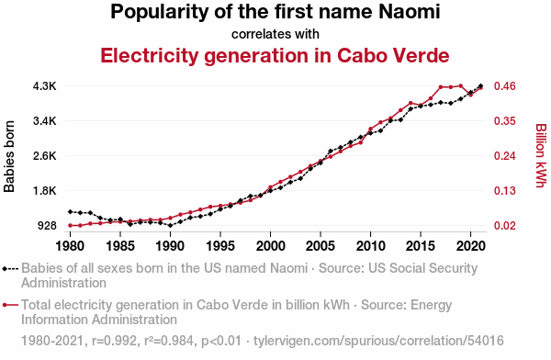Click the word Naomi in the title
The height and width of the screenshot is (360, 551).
coord(410,11)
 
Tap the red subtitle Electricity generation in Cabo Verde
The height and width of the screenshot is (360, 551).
coord(275,55)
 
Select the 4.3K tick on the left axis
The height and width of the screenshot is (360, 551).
coord(45,86)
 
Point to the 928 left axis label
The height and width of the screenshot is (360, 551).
coord(47,226)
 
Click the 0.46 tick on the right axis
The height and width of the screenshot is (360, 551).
coord(505,86)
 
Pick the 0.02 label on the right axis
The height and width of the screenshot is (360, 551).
coord(505,226)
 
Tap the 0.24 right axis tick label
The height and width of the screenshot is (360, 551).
coord(505,156)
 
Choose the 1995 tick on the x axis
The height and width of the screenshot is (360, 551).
coord(220,246)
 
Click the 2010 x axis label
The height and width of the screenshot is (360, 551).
coord(370,246)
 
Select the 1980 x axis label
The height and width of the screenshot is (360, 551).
coord(71,246)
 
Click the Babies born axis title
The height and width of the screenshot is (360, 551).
coord(9,156)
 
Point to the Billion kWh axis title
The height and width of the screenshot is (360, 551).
coord(541,155)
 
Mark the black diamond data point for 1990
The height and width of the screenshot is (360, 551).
coord(171,225)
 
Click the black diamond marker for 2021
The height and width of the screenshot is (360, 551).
coord(480,85)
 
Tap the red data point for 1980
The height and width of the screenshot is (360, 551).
coord(71,225)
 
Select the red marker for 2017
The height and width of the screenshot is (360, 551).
coord(441,87)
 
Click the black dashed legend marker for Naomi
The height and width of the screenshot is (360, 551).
coord(10,269)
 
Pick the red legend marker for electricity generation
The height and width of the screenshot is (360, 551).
coord(10,305)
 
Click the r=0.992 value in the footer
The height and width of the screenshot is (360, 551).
coord(115,341)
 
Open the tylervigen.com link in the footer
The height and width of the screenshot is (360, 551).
coord(378,341)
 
